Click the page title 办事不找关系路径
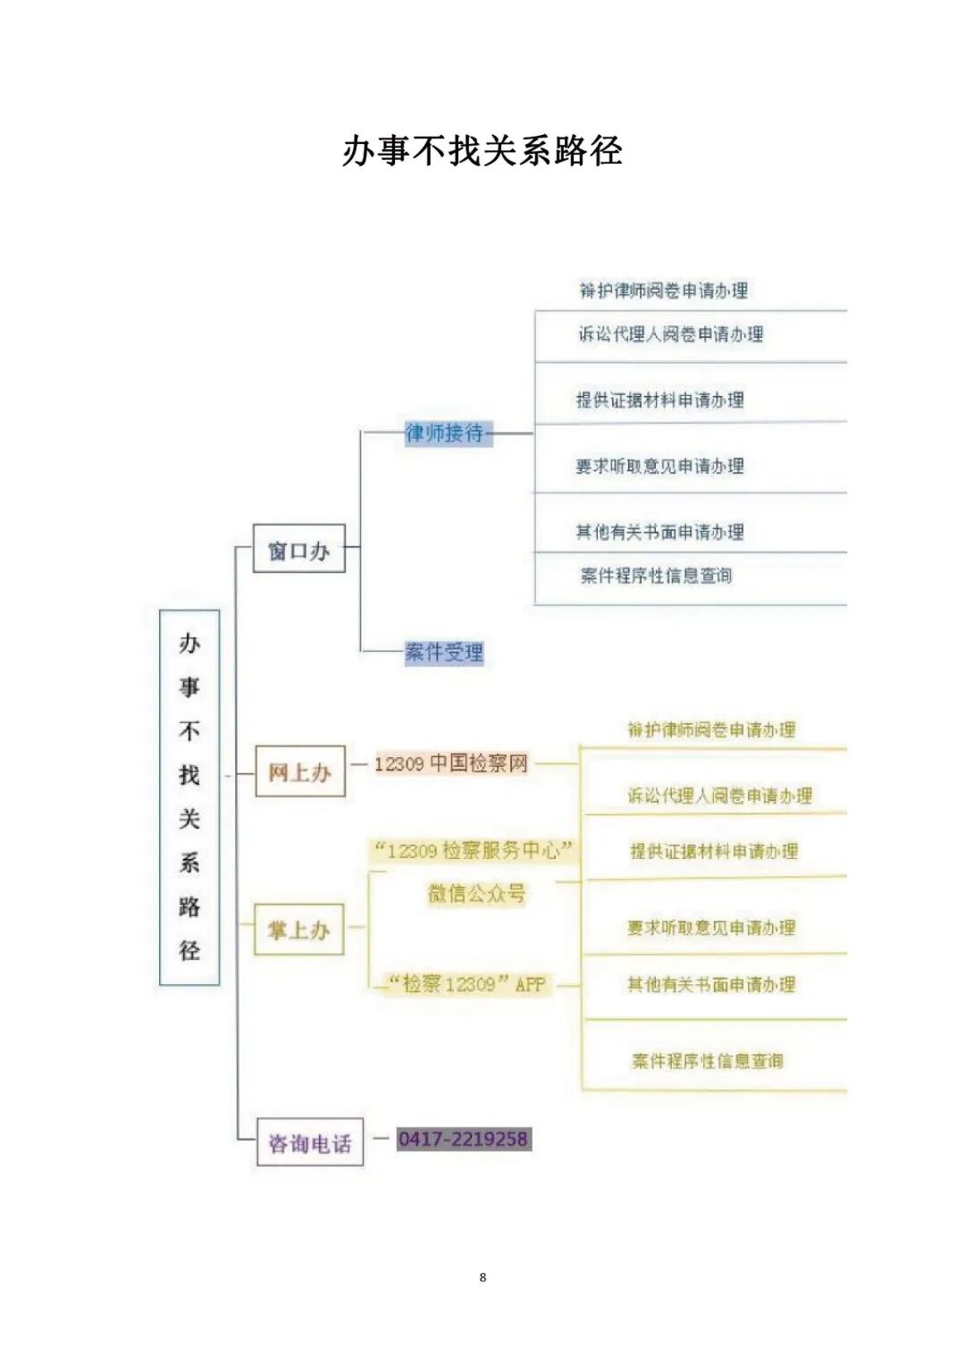[x=482, y=151]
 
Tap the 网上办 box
[x=300, y=771]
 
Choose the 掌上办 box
[x=299, y=931]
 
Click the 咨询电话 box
[x=310, y=1142]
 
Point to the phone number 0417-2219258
[x=464, y=1139]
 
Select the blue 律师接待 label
[x=446, y=434]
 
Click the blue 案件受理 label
[x=444, y=653]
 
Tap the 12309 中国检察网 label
[x=451, y=763]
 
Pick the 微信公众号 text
[x=476, y=893]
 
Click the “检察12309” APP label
[x=467, y=984]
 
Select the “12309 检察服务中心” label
[x=473, y=850]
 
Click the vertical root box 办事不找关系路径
[x=189, y=796]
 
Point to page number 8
[x=482, y=1277]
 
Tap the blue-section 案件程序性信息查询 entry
[x=657, y=576]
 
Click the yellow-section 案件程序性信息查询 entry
[x=708, y=1061]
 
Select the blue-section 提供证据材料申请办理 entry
[x=660, y=400]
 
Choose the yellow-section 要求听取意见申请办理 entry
[x=711, y=928]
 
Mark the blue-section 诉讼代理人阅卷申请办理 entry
[x=670, y=334]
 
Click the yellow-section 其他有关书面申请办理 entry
[x=711, y=984]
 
